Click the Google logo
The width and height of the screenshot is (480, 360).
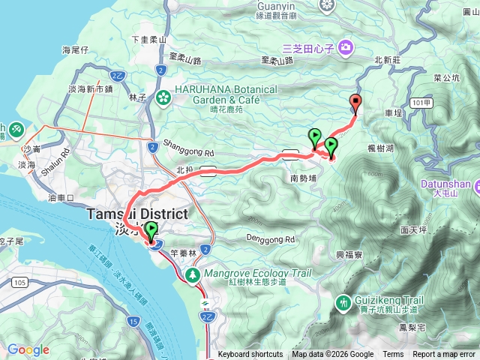coord(28,349)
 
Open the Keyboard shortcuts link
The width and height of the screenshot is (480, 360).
coord(250,355)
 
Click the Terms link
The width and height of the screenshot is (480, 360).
coord(393,355)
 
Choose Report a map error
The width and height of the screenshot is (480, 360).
coord(444,355)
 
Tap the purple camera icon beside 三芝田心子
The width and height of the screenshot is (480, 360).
coord(345,49)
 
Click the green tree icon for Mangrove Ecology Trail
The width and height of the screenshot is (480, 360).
coord(193,275)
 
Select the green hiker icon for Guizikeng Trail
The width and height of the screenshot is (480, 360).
coord(343,302)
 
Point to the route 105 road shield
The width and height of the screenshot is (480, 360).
coord(20,281)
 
